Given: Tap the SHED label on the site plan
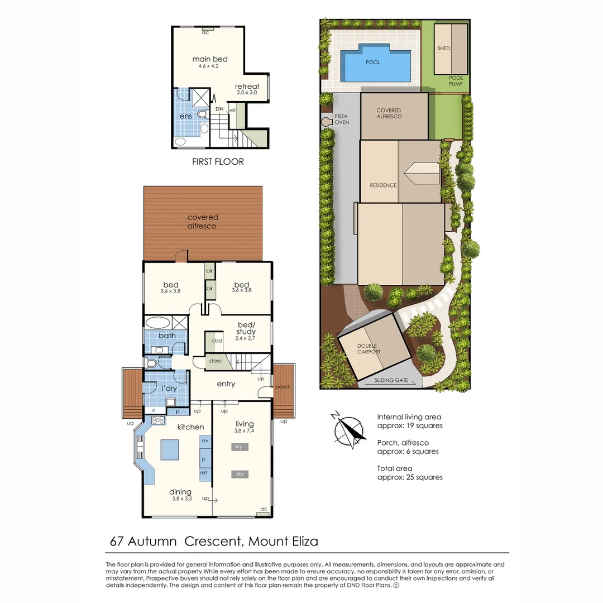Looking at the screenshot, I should tap(444, 49).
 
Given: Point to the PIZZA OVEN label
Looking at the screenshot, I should tap(342, 119).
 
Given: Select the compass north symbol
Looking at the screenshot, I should tap(350, 430).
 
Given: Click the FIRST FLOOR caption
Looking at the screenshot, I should tap(218, 162).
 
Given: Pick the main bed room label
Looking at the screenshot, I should tap(210, 59).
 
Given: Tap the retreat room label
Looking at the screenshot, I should tap(247, 86).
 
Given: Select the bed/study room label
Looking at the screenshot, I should tap(246, 328).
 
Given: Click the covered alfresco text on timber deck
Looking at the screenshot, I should tap(203, 222).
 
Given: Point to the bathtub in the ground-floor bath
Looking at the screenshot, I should tap(159, 322).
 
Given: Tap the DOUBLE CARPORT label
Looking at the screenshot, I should tap(369, 349).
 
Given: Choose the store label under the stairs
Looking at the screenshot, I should tap(216, 361).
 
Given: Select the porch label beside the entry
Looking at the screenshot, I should tap(283, 386).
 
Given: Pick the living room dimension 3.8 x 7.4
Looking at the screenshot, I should tap(245, 431).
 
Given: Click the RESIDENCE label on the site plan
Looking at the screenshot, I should tap(383, 185).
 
